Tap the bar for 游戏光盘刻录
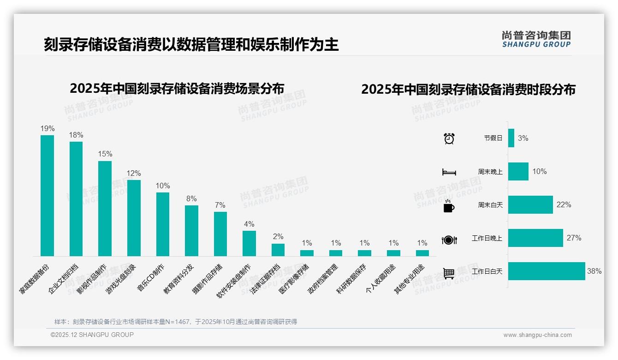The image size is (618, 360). (x=134, y=218)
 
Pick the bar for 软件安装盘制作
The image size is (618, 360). (x=249, y=243)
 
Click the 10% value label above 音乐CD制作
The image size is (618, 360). (x=162, y=186)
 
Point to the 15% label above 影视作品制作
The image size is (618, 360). (x=105, y=154)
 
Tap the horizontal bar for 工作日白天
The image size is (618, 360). (x=546, y=271)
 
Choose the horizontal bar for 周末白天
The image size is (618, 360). (x=530, y=204)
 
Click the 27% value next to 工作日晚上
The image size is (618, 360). (x=574, y=238)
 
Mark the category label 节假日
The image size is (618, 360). (x=493, y=138)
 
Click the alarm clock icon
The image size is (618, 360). (x=449, y=138)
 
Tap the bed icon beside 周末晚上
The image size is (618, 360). (x=449, y=172)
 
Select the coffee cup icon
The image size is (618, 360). (x=449, y=206)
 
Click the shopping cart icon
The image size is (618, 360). (x=449, y=273)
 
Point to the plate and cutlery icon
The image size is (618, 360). (x=449, y=240)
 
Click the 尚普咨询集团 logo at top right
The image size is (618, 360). (x=536, y=39)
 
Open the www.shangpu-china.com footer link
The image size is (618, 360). (x=537, y=335)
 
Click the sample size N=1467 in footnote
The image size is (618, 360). (x=175, y=322)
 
